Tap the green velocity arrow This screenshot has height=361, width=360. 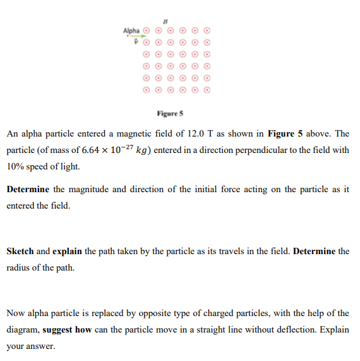[x=138, y=36]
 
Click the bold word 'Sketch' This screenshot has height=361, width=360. [x=20, y=251]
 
